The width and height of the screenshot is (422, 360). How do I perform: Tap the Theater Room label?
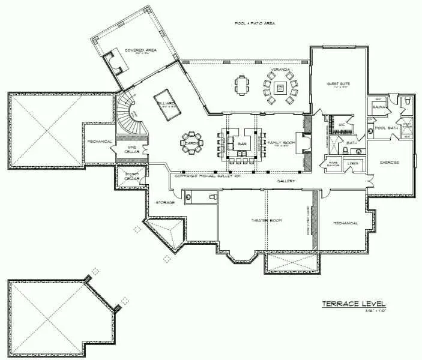[267, 220]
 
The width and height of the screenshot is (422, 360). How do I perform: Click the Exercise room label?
[389, 163]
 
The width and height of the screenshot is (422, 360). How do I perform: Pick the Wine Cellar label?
[131, 149]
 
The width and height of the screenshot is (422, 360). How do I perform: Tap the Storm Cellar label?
[131, 176]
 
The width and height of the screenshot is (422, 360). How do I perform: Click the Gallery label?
[285, 180]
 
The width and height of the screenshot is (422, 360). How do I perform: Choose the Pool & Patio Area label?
[255, 23]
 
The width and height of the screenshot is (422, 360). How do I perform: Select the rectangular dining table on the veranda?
[242, 85]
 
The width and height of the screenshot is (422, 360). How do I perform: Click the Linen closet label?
[353, 163]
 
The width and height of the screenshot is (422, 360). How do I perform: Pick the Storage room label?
[165, 203]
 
